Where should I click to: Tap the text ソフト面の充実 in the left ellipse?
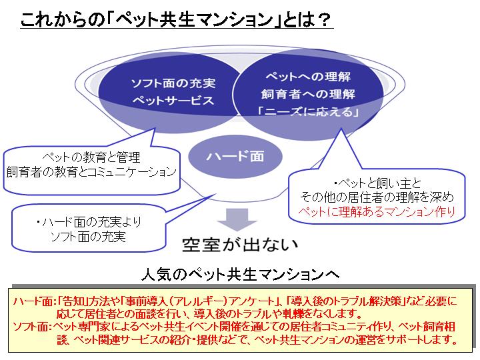coord(173,86)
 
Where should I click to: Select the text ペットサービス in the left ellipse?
coord(173,101)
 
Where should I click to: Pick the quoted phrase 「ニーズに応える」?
coord(308,111)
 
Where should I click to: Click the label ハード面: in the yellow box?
coord(33,301)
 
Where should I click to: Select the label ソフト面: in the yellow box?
coord(33,327)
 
